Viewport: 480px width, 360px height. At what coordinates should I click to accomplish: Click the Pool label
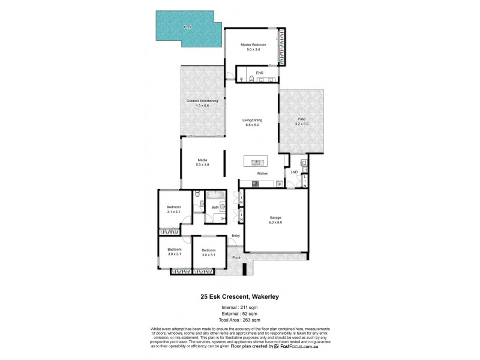(187, 27)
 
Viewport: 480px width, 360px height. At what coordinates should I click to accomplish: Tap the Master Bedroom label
(253, 44)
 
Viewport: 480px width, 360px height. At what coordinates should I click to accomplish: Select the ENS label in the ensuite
(259, 73)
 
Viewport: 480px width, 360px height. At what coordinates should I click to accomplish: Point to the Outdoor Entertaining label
(202, 101)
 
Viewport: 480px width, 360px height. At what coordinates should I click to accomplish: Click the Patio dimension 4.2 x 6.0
(302, 124)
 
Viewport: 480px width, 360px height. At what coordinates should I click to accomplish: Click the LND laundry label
(294, 173)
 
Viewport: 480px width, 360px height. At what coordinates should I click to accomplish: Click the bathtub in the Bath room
(214, 196)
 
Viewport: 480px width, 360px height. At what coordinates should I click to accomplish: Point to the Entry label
(236, 235)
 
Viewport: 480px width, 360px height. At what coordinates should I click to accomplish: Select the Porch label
(237, 258)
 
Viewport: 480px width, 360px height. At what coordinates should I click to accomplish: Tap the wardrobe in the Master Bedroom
(282, 48)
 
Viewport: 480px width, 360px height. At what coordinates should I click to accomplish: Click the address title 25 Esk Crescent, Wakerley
(239, 295)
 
